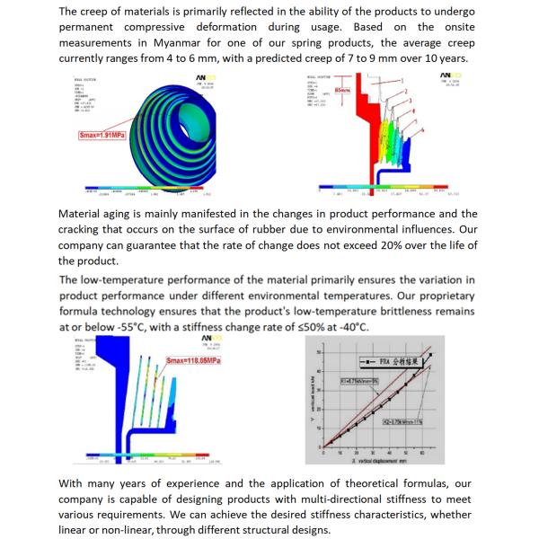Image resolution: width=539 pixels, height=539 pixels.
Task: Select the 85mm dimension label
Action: (x=343, y=92)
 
